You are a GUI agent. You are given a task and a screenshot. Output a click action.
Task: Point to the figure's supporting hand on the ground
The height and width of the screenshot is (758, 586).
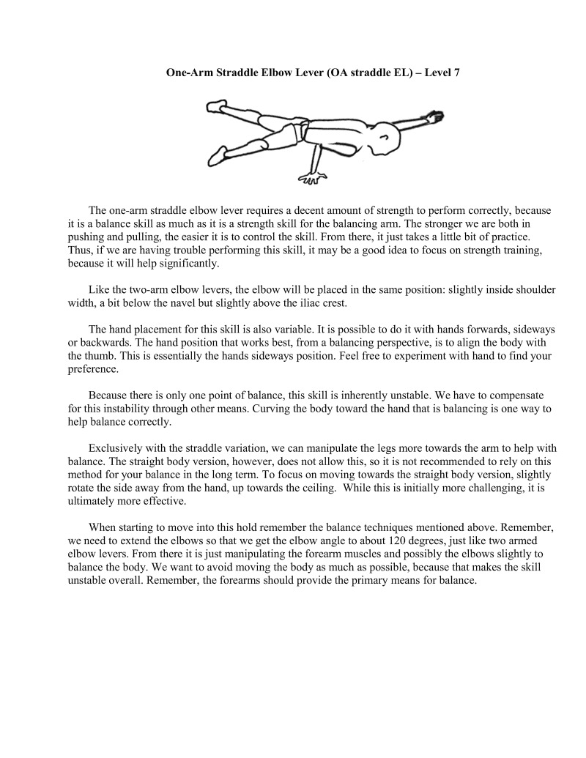pyautogui.click(x=314, y=176)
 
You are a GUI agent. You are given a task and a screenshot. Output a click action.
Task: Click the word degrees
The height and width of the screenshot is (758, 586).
pyautogui.click(x=449, y=540)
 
